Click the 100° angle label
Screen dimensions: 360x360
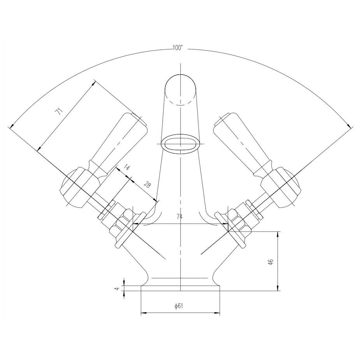(x=177, y=48)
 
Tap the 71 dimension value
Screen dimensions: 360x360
(x=59, y=112)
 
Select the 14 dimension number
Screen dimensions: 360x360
(x=126, y=167)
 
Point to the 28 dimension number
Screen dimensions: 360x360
(x=147, y=184)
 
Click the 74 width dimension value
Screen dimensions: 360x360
(x=179, y=216)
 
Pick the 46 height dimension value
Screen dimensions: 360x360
(x=271, y=262)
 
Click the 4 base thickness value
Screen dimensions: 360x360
(x=117, y=289)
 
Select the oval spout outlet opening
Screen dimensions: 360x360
(x=180, y=144)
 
